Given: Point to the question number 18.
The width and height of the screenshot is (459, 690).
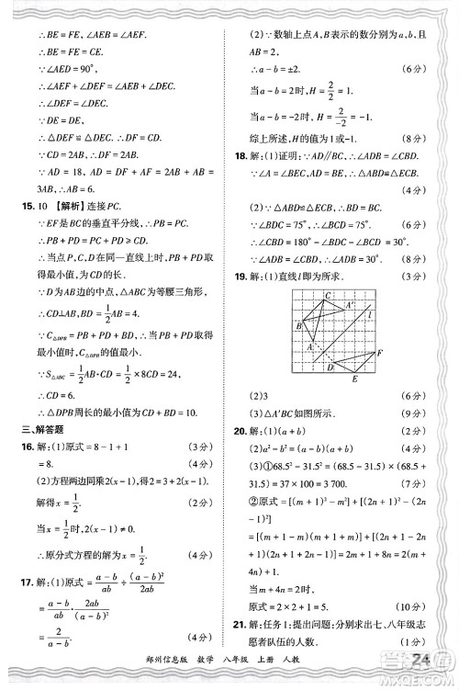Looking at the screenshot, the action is (x=241, y=157).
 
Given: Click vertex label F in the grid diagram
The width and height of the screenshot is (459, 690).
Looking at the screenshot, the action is (x=379, y=354).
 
